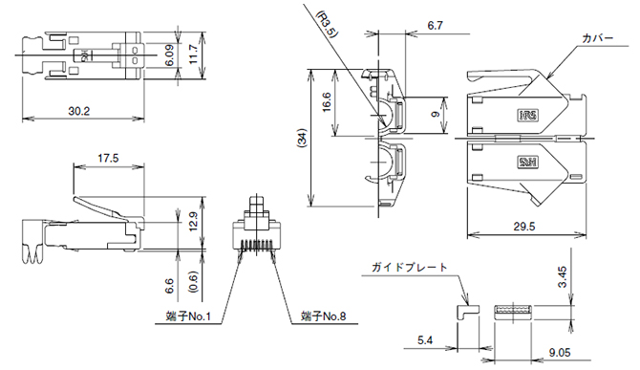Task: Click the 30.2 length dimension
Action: click(78, 111)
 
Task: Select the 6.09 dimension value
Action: click(169, 55)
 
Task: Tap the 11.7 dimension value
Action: click(193, 54)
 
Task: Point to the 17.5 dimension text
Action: click(108, 159)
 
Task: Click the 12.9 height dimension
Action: click(193, 222)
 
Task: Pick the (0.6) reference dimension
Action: click(193, 282)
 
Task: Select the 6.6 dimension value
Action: click(169, 286)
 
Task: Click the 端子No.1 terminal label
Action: click(188, 316)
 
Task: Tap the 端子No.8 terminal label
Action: click(323, 316)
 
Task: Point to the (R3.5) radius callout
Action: click(328, 24)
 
